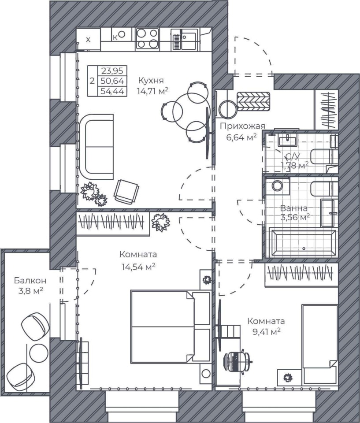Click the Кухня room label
click(x=151, y=80)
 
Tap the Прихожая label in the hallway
click(x=242, y=126)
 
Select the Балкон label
click(x=30, y=281)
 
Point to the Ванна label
click(x=293, y=208)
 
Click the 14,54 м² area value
click(x=138, y=267)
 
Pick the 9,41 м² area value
click(x=266, y=331)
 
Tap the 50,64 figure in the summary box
click(x=112, y=81)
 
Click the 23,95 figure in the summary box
click(x=112, y=71)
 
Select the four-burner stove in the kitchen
click(x=147, y=38)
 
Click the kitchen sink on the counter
click(x=186, y=40)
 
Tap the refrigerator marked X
click(x=88, y=39)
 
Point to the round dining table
click(x=191, y=111)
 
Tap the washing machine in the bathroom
click(x=277, y=186)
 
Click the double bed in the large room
click(x=170, y=327)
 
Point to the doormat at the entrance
click(x=253, y=101)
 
